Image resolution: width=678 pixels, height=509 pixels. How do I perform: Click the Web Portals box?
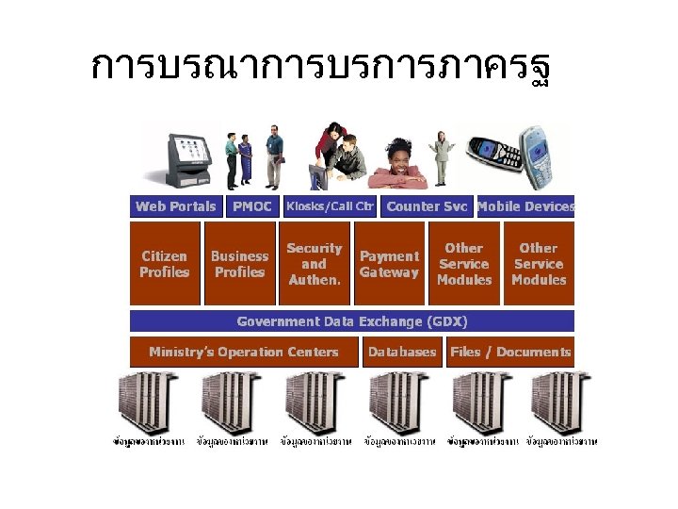[175, 206]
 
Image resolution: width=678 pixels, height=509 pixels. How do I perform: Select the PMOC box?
[251, 206]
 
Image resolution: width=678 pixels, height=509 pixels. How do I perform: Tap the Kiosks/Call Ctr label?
[330, 206]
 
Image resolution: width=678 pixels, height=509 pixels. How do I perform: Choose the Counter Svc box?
[427, 206]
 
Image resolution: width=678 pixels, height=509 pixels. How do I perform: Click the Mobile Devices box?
[525, 206]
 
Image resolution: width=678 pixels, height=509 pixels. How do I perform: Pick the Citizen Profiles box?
[165, 264]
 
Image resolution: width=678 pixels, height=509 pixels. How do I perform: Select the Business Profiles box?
[239, 264]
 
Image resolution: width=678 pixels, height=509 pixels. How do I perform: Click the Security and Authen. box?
[314, 264]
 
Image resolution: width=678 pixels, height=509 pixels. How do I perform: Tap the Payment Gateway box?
[389, 264]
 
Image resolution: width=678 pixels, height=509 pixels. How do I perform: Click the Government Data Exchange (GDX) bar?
[351, 321]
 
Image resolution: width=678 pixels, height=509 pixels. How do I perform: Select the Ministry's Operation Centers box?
[244, 353]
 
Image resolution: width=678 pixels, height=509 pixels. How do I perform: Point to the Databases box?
[402, 353]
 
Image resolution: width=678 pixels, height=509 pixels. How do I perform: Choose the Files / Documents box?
[510, 353]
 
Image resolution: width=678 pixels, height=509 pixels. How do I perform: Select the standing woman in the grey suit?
[440, 156]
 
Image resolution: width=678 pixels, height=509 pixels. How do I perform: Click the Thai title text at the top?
[320, 68]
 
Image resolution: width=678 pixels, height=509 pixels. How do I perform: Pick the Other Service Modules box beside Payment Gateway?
[463, 264]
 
